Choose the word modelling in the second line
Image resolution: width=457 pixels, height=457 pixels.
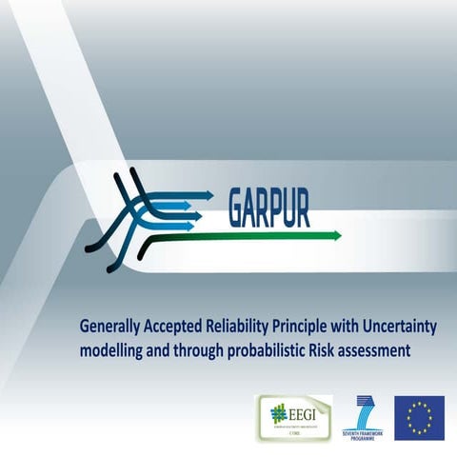112,349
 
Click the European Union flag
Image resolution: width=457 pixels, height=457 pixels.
420,417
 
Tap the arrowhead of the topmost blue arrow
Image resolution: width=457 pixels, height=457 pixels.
210,194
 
